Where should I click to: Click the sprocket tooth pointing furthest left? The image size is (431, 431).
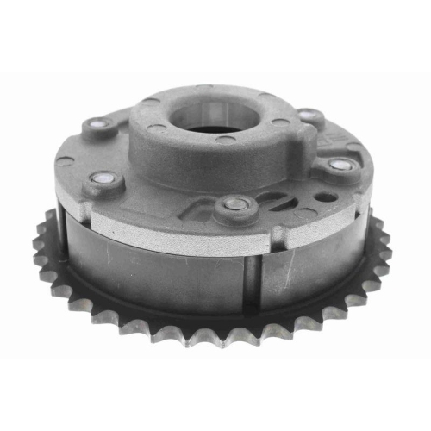point(37,245)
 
